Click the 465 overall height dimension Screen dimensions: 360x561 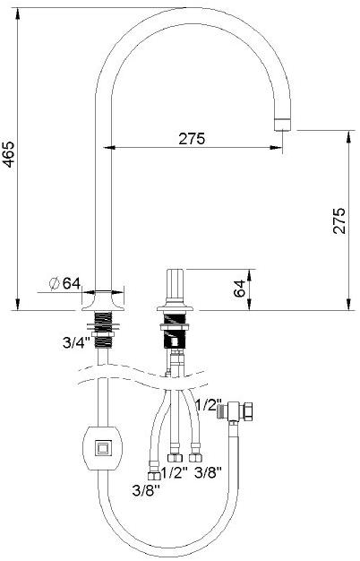[x=8, y=154]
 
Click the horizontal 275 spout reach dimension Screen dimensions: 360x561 [x=193, y=139]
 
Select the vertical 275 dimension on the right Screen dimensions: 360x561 [x=339, y=220]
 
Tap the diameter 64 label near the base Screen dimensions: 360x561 [x=64, y=284]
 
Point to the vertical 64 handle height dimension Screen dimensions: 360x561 [x=239, y=289]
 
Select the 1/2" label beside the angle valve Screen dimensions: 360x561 [x=209, y=405]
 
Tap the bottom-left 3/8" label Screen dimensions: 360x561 [x=146, y=490]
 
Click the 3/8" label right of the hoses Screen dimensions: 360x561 [x=209, y=472]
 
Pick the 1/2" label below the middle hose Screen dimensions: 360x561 [x=175, y=472]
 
